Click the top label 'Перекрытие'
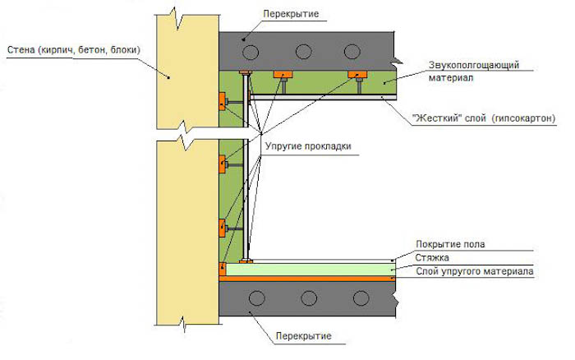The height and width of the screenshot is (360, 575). pyautogui.click(x=291, y=14)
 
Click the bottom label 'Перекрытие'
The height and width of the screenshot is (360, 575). pyautogui.click(x=304, y=336)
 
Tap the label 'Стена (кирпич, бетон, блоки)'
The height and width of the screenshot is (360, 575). pyautogui.click(x=74, y=49)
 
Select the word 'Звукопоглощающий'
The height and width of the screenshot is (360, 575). pyautogui.click(x=474, y=65)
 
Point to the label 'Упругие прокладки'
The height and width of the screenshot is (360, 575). pyautogui.click(x=308, y=146)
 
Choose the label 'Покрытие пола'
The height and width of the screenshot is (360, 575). pyautogui.click(x=450, y=244)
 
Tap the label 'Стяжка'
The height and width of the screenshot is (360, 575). pyautogui.click(x=432, y=257)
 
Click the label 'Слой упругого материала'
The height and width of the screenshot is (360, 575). pyautogui.click(x=475, y=271)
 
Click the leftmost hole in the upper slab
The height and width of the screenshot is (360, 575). pyautogui.click(x=251, y=52)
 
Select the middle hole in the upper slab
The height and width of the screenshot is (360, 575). pyautogui.click(x=304, y=52)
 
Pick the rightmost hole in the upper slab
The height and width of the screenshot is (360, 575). pyautogui.click(x=352, y=52)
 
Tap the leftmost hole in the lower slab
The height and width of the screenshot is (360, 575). pyautogui.click(x=256, y=298)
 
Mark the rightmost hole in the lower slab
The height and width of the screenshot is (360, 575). pyautogui.click(x=361, y=298)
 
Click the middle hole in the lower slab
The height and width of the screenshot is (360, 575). pyautogui.click(x=309, y=298)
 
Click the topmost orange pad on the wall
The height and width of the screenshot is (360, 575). pyautogui.click(x=222, y=101)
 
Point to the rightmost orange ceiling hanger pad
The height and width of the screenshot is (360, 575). pyautogui.click(x=357, y=75)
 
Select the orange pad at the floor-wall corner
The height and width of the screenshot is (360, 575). pyautogui.click(x=223, y=269)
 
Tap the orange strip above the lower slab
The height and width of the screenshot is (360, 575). pyautogui.click(x=307, y=279)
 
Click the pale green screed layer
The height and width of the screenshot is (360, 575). pyautogui.click(x=310, y=270)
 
